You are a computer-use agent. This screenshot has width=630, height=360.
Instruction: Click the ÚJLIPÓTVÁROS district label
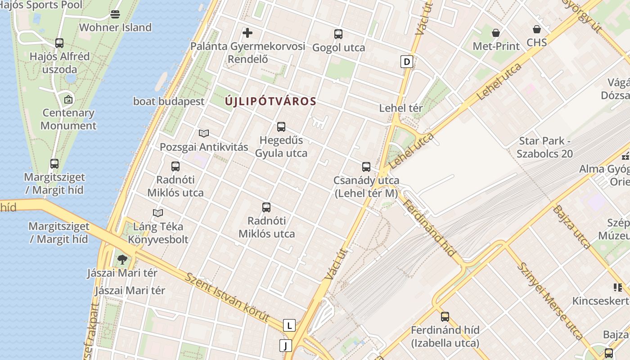[x=270, y=101]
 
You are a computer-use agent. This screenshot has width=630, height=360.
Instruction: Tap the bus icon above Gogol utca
[x=338, y=34]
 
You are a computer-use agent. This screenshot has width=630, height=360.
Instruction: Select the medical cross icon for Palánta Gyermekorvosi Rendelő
[x=247, y=33]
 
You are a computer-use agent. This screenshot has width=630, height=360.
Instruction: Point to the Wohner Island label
[x=115, y=27]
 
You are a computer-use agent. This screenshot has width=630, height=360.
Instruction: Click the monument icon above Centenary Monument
[x=68, y=99]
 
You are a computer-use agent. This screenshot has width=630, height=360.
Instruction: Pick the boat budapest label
[x=169, y=101]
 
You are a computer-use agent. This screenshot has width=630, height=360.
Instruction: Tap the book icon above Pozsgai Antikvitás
[x=204, y=133]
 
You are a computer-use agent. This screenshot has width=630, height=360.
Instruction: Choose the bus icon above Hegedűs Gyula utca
[x=281, y=127]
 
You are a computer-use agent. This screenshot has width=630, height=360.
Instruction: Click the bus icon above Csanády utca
[x=366, y=167]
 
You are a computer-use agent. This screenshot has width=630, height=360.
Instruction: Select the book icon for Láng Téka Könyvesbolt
[x=158, y=213]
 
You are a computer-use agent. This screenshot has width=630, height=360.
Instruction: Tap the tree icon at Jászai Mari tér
[x=122, y=260]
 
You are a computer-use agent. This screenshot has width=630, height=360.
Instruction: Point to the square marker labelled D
[x=407, y=62]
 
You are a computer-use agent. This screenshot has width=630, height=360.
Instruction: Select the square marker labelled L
[x=289, y=325]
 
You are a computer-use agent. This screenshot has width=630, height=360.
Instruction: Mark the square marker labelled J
[x=285, y=346]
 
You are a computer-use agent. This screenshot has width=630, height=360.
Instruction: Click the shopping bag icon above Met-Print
[x=496, y=33]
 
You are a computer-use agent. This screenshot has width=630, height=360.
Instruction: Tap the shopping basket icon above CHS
[x=537, y=30]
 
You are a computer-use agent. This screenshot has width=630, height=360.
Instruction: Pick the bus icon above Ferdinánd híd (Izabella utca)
[x=445, y=317]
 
